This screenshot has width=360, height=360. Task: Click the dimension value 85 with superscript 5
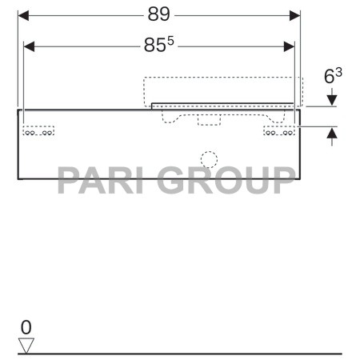coord(159,47)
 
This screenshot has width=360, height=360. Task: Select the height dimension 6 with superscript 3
coord(334,77)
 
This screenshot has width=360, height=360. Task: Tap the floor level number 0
coord(26,327)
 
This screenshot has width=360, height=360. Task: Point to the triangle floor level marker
coord(27,345)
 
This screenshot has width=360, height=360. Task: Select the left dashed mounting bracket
coord(38,132)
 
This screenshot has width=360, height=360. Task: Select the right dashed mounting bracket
coord(280,132)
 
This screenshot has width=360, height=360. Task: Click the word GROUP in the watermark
coord(226,181)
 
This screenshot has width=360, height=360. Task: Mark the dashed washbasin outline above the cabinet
coord(224,90)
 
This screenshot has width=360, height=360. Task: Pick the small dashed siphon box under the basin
coord(210,119)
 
